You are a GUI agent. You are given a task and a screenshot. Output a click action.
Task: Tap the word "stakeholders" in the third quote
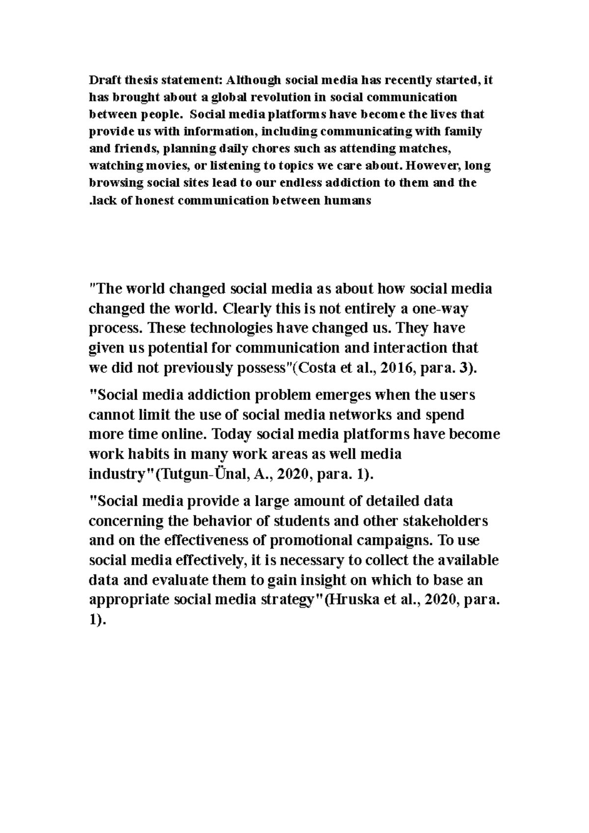click(x=445, y=521)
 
